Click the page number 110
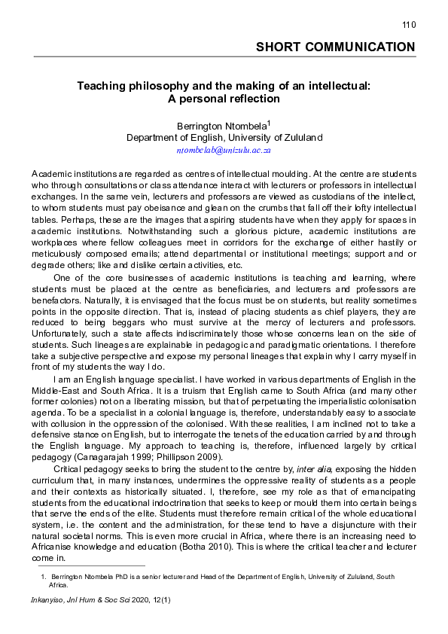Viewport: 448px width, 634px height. pyautogui.click(x=408, y=25)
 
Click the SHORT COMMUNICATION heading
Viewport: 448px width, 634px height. pyautogui.click(x=335, y=47)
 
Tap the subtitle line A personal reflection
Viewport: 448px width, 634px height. pyautogui.click(x=223, y=99)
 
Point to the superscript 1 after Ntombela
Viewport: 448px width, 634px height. pyautogui.click(x=270, y=122)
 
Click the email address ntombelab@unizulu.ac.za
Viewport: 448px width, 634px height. pyautogui.click(x=224, y=150)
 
